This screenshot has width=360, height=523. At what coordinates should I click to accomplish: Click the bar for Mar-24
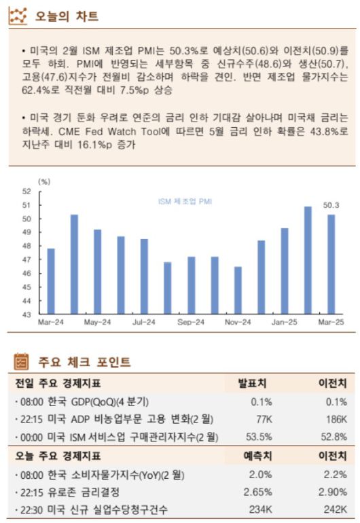[x=51, y=281]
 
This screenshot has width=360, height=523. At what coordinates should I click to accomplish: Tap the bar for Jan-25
[x=285, y=271]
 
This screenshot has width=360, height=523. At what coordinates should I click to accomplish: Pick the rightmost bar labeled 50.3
[x=331, y=264]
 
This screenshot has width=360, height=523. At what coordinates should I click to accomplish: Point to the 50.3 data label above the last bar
[x=331, y=205]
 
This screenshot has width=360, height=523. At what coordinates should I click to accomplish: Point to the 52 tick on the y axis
[x=26, y=191]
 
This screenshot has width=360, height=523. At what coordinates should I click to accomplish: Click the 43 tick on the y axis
[x=26, y=315]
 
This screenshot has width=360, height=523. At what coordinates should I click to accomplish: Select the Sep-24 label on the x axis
[x=191, y=322]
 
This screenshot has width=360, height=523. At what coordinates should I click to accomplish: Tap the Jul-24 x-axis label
[x=144, y=322]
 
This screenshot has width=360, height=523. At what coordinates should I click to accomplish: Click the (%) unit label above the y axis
[x=45, y=181]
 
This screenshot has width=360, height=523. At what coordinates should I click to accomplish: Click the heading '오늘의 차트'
[x=66, y=16]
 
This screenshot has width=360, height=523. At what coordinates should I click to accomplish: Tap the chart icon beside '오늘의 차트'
[x=18, y=16]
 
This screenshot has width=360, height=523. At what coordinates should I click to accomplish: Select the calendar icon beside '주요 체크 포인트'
[x=21, y=362]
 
